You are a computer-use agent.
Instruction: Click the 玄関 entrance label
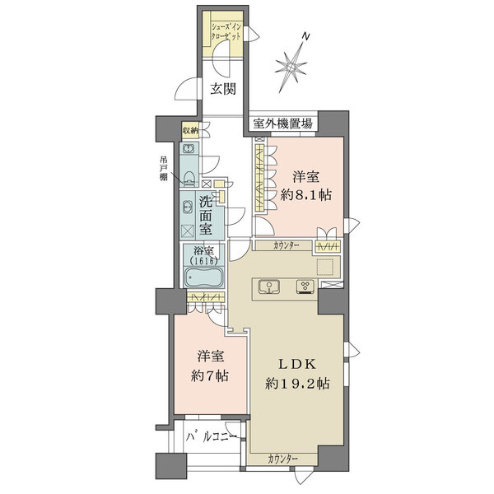(x=220, y=89)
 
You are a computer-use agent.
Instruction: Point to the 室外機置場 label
(x=283, y=123)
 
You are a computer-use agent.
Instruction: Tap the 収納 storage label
(x=190, y=129)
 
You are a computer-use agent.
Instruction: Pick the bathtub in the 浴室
(x=203, y=277)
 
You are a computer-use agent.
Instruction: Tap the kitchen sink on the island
(x=269, y=286)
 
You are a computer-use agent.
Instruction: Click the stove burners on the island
(x=304, y=287)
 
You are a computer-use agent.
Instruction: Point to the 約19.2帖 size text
(x=297, y=384)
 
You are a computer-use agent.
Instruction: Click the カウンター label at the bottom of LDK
(x=282, y=458)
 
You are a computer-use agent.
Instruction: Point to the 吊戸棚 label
(x=165, y=170)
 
